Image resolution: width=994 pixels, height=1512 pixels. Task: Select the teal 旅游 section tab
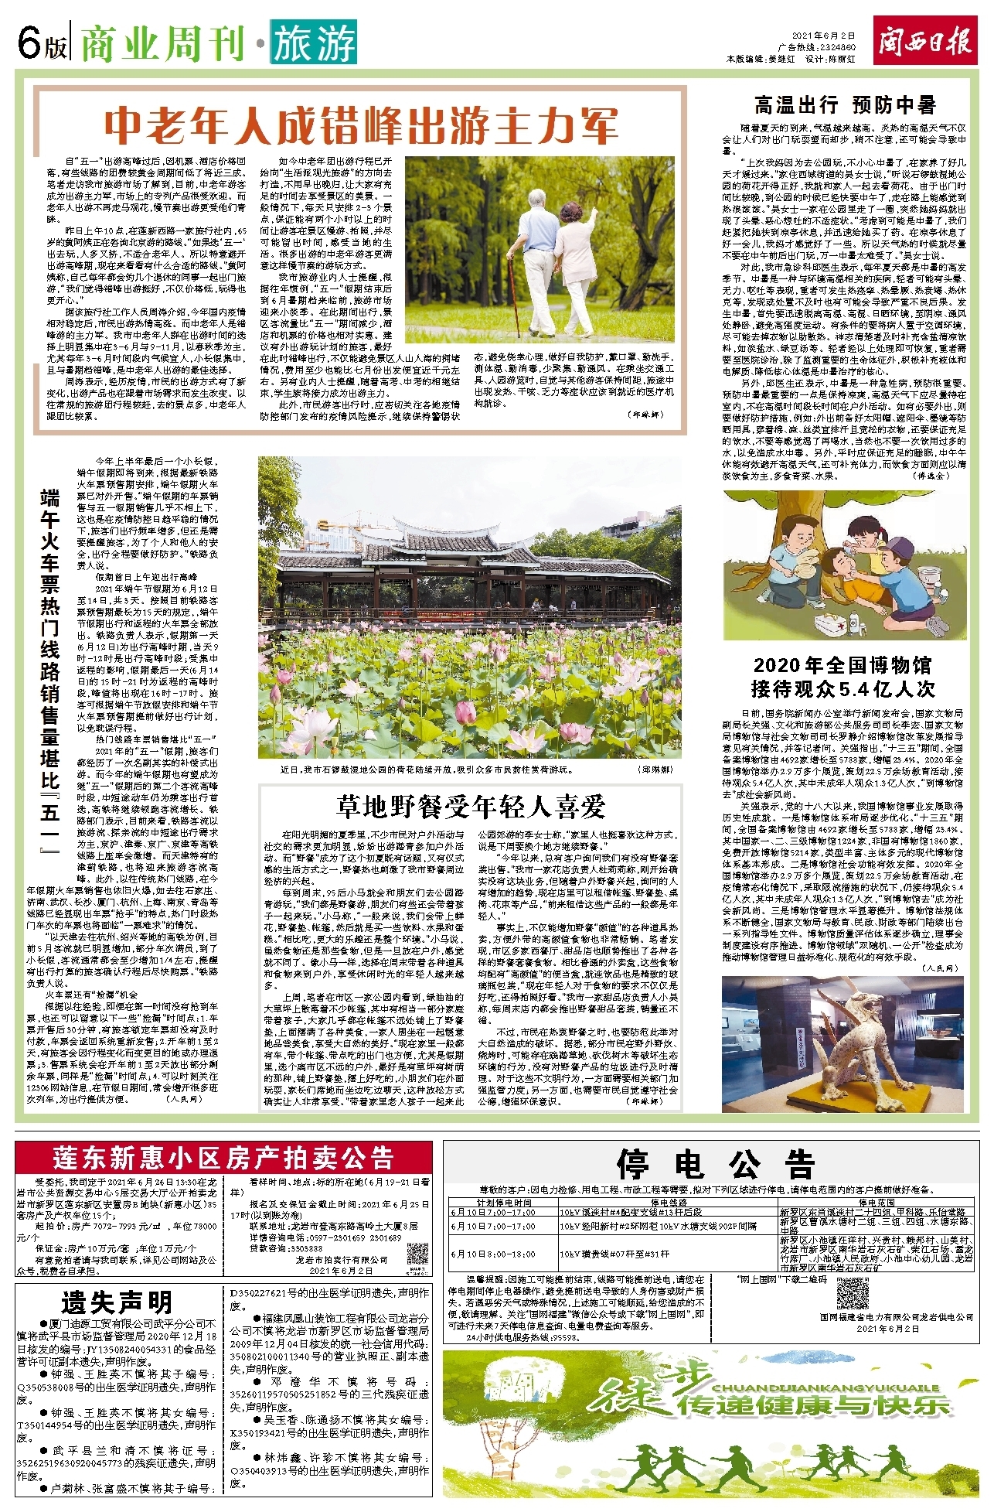[313, 43]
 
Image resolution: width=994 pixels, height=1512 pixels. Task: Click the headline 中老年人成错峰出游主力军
[361, 125]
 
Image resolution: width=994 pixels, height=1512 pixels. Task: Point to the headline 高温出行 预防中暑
[844, 105]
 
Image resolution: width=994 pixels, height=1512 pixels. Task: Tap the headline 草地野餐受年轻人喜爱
[471, 807]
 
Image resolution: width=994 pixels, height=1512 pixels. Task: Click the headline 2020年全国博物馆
[843, 665]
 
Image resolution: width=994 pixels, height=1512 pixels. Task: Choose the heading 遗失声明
[117, 1304]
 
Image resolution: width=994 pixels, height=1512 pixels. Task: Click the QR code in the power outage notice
[852, 1294]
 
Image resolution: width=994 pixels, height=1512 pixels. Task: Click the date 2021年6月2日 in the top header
[824, 36]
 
